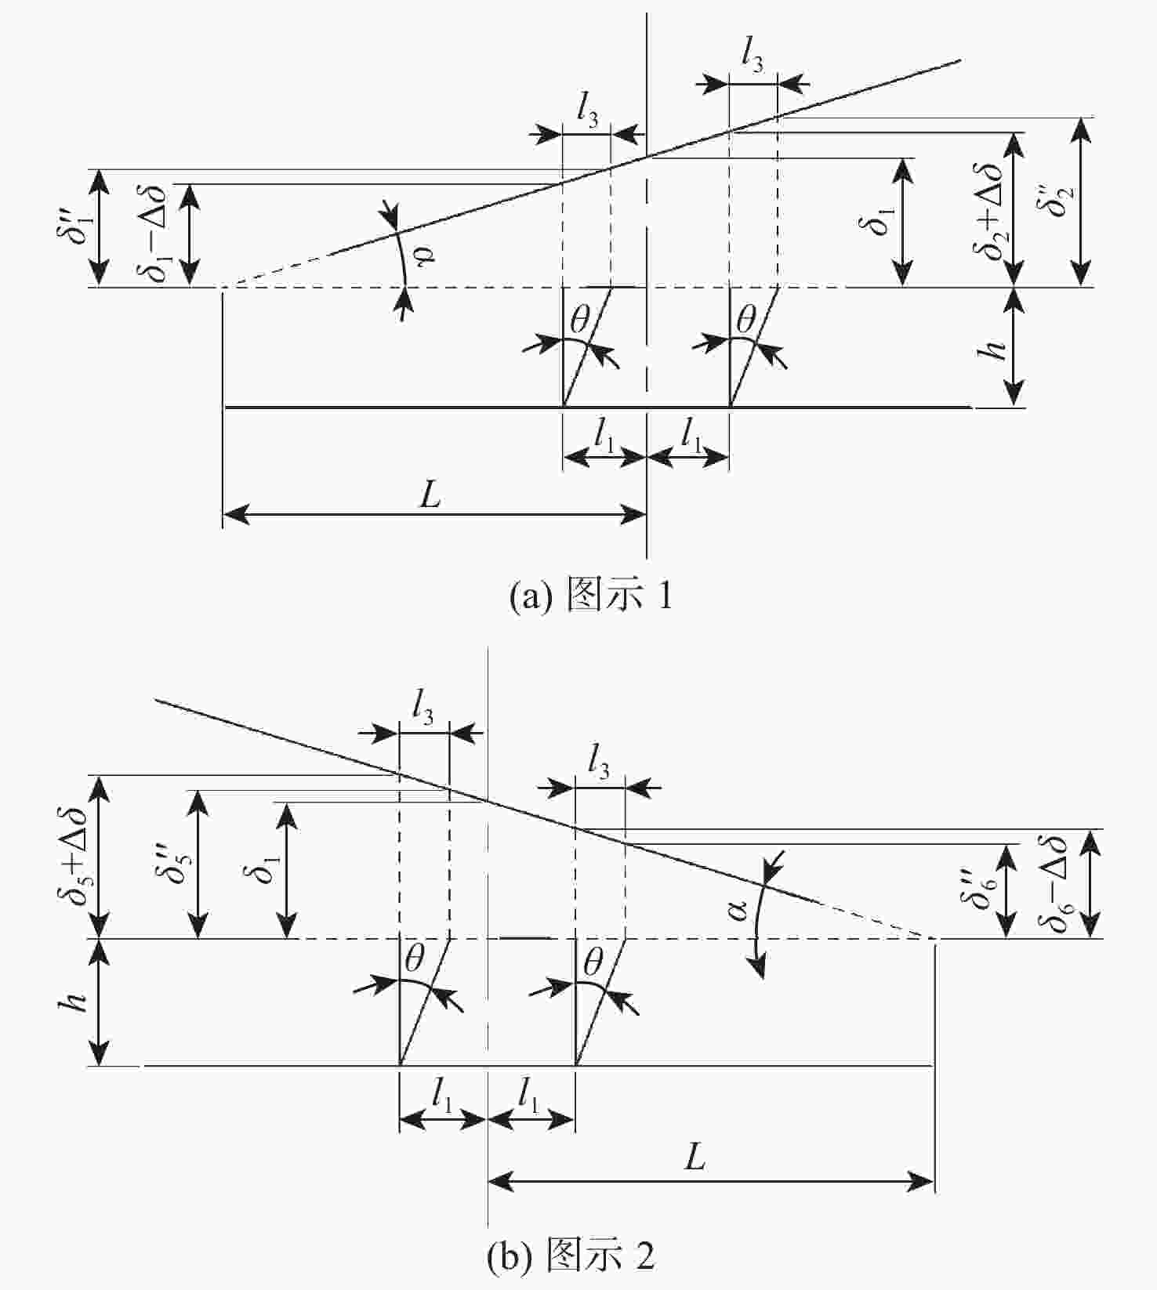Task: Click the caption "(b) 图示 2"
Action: pos(570,1256)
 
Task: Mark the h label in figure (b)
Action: pos(74,1002)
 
